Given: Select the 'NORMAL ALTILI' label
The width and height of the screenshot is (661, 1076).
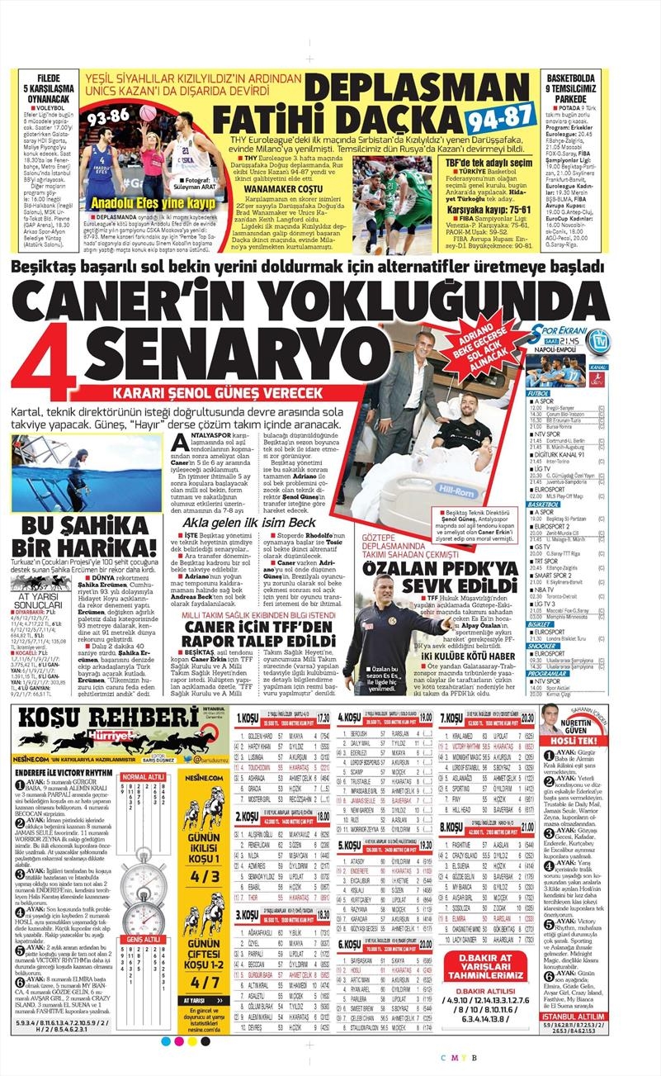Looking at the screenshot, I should tap(142, 777).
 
